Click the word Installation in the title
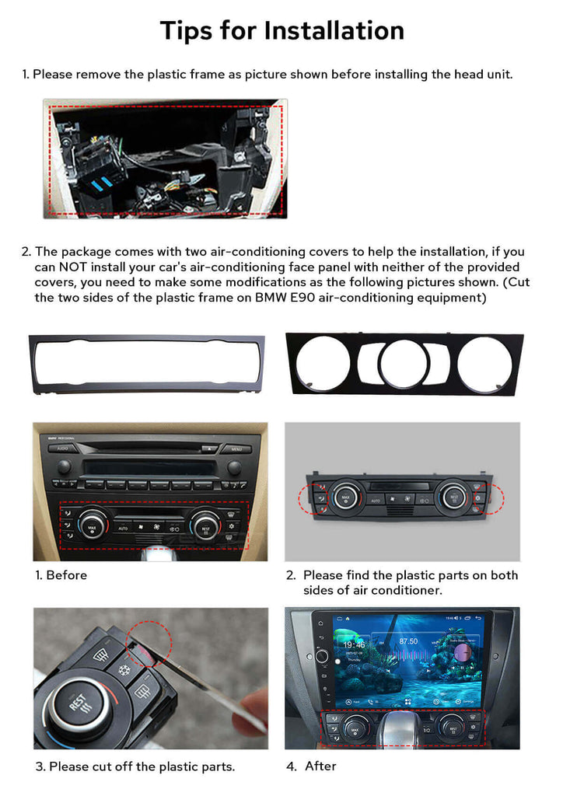(334, 30)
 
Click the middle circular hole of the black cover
(404, 363)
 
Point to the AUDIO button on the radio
(63, 449)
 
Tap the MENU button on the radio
(236, 449)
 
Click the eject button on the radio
(209, 449)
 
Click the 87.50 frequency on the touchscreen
(408, 641)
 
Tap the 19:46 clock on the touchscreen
(354, 644)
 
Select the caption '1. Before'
(61, 575)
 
